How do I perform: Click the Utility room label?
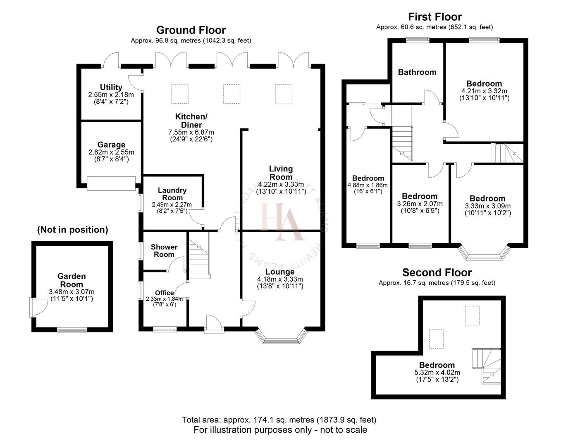pos(111,87)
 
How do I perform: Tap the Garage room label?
pos(111,145)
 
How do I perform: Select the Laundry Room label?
pos(172,194)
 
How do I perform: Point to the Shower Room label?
pos(164,251)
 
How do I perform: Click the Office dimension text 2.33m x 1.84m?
pos(161,299)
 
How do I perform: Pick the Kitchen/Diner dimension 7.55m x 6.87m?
pos(191,132)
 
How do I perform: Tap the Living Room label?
pos(281,173)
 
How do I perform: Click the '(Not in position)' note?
pos(72,230)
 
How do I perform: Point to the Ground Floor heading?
pos(191,30)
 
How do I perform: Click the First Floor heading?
pos(434,17)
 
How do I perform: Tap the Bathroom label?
pos(417,72)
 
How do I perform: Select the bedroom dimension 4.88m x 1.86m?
pos(368,185)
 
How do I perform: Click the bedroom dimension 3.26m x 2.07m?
pos(420,204)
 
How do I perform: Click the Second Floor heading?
pos(437,273)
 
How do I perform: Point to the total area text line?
pos(279,420)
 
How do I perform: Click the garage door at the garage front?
pos(111,183)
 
